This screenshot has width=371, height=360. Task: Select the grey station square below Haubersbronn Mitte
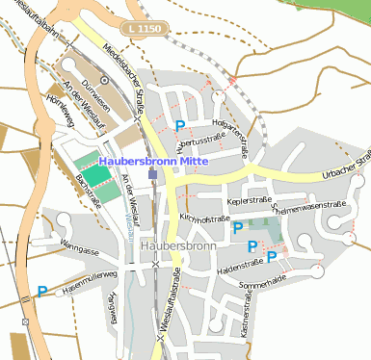(153, 175)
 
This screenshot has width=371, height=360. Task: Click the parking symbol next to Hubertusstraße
(180, 125)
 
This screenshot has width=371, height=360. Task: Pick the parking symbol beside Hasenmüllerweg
(42, 291)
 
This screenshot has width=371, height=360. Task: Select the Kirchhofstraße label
(204, 218)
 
